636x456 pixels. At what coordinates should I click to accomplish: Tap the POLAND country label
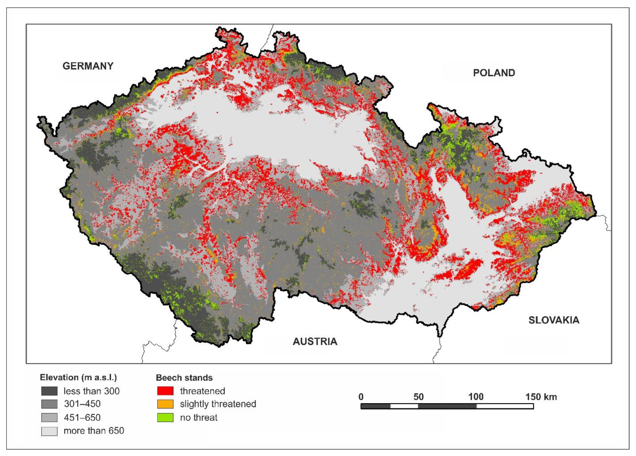(494, 73)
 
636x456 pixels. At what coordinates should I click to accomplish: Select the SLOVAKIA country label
(554, 320)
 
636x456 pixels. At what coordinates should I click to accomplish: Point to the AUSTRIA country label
(315, 341)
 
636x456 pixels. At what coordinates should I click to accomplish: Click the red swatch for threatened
(165, 391)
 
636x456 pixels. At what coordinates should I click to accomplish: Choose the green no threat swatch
(165, 418)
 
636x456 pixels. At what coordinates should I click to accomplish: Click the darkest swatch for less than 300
(49, 391)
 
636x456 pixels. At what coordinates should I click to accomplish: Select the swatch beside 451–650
(49, 418)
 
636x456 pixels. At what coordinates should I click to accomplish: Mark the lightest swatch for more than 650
(49, 431)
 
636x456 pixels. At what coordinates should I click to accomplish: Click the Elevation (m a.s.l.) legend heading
(78, 377)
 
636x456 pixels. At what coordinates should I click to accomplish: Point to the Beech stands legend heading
(184, 378)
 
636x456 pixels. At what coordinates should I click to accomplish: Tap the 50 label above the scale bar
(418, 397)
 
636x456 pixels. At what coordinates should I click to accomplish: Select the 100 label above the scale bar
(476, 397)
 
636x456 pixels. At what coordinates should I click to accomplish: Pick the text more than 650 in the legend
(94, 431)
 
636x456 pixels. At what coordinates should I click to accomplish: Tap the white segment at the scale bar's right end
(505, 406)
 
